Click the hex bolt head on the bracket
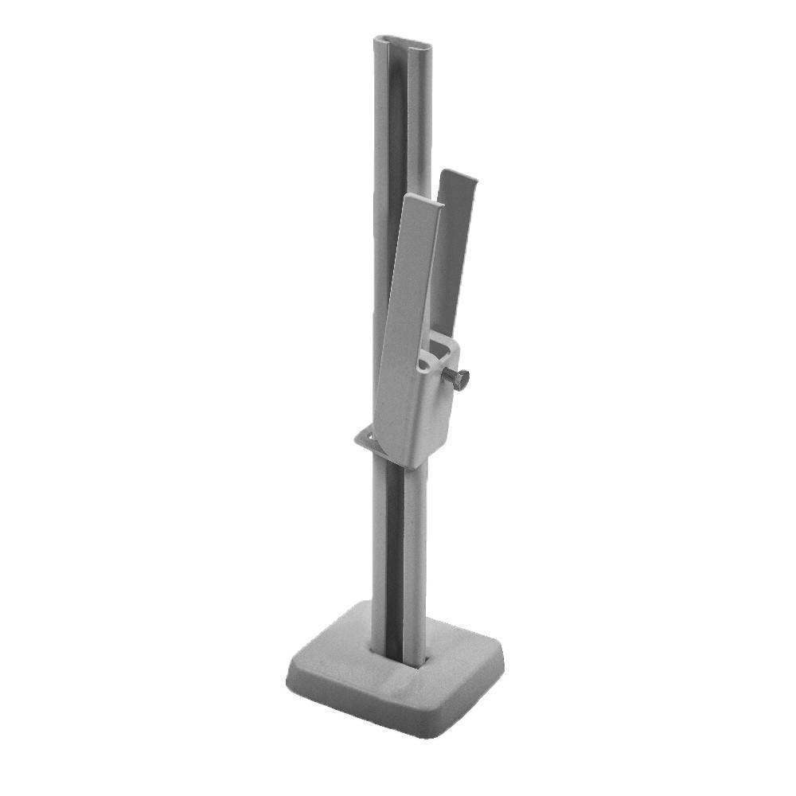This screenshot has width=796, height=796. tap(461, 378)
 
